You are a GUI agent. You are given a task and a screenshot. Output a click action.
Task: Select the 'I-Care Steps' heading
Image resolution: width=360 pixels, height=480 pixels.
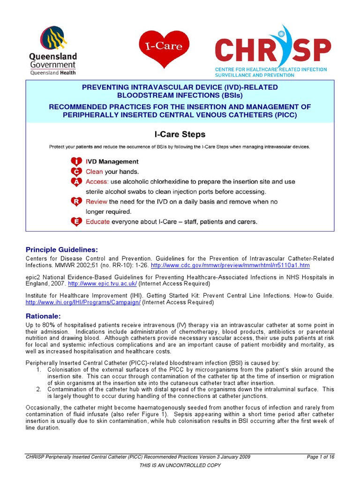[x=180, y=135]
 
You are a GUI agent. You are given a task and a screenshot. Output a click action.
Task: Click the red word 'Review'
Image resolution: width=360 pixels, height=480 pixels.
[x=97, y=202]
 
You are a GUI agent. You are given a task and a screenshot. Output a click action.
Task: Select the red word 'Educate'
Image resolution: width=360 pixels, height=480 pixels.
[x=98, y=222]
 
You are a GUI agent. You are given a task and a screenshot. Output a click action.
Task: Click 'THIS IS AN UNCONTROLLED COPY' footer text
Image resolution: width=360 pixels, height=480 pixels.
[x=180, y=465]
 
